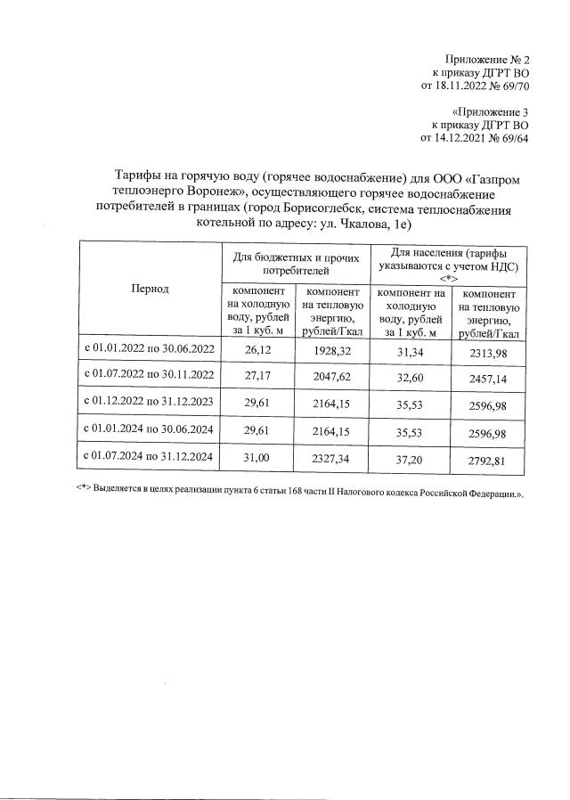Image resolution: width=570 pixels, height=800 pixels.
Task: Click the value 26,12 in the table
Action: coord(256,352)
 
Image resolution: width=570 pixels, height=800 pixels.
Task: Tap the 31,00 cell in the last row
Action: coord(256,459)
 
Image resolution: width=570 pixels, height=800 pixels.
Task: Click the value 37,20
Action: coord(411,459)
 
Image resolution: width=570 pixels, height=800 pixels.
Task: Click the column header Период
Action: coord(148,289)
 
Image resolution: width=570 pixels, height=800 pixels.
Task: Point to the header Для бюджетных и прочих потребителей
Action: coord(295,262)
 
